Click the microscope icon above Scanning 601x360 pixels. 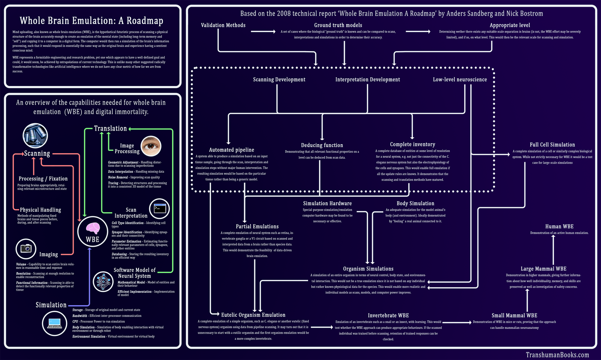pos(35,136)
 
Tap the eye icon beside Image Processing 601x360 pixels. pos(151,146)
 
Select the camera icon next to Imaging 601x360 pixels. pos(26,249)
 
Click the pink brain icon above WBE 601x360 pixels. pos(92,228)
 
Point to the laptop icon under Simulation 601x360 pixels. pos(55,323)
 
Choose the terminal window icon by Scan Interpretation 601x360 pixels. pos(160,209)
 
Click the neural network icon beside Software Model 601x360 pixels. pos(103,282)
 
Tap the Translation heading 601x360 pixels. pos(110,128)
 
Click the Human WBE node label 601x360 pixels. pos(559,226)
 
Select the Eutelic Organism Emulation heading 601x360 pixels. pos(253,315)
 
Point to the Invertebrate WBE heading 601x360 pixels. pos(388,315)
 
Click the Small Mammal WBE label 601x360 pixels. pos(514,315)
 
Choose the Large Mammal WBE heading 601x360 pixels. pos(543,269)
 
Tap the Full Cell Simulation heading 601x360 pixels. pos(552,145)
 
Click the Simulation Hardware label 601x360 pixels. pos(327,203)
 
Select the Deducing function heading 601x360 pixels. pos(322,145)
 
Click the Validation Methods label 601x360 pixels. pos(223,25)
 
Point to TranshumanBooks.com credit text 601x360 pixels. pos(557,355)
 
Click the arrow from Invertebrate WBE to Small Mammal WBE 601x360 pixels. pos(456,322)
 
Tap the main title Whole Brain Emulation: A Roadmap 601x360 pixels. pos(91,21)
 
